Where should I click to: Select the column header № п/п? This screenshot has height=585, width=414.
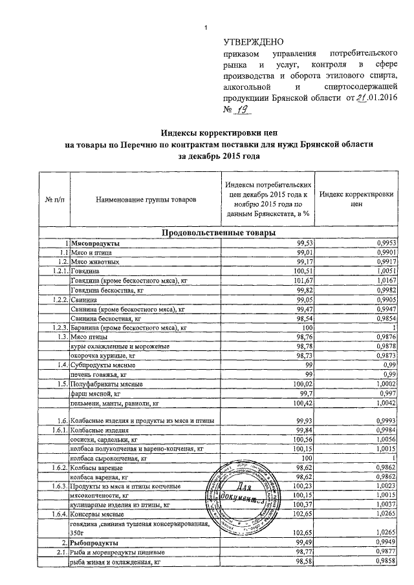(54, 200)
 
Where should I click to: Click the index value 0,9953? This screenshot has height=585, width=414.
(382, 242)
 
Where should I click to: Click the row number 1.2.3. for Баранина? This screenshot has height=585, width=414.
(57, 330)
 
